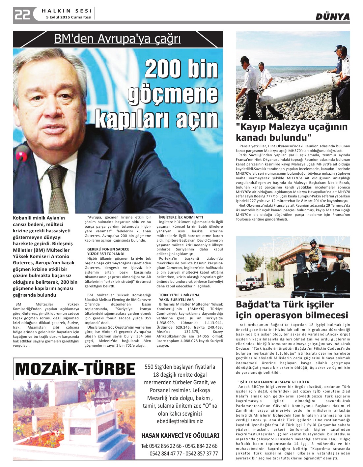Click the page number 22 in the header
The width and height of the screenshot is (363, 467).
point(22,15)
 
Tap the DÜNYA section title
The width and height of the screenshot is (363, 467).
point(332,16)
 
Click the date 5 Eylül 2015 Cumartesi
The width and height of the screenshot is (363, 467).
point(69,17)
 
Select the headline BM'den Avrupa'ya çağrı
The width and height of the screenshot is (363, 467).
point(118,39)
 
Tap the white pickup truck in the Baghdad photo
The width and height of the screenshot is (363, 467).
point(255,282)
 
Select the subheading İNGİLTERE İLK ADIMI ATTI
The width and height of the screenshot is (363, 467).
point(181,217)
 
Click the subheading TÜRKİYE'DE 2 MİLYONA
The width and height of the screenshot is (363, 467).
point(179,295)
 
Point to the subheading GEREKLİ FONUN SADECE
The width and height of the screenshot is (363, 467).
point(108,249)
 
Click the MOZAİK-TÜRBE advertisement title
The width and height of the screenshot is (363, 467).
point(75,369)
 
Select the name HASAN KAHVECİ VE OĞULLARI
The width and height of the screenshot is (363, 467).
point(180,435)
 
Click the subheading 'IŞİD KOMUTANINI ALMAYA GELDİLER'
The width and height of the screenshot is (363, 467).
point(274,382)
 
